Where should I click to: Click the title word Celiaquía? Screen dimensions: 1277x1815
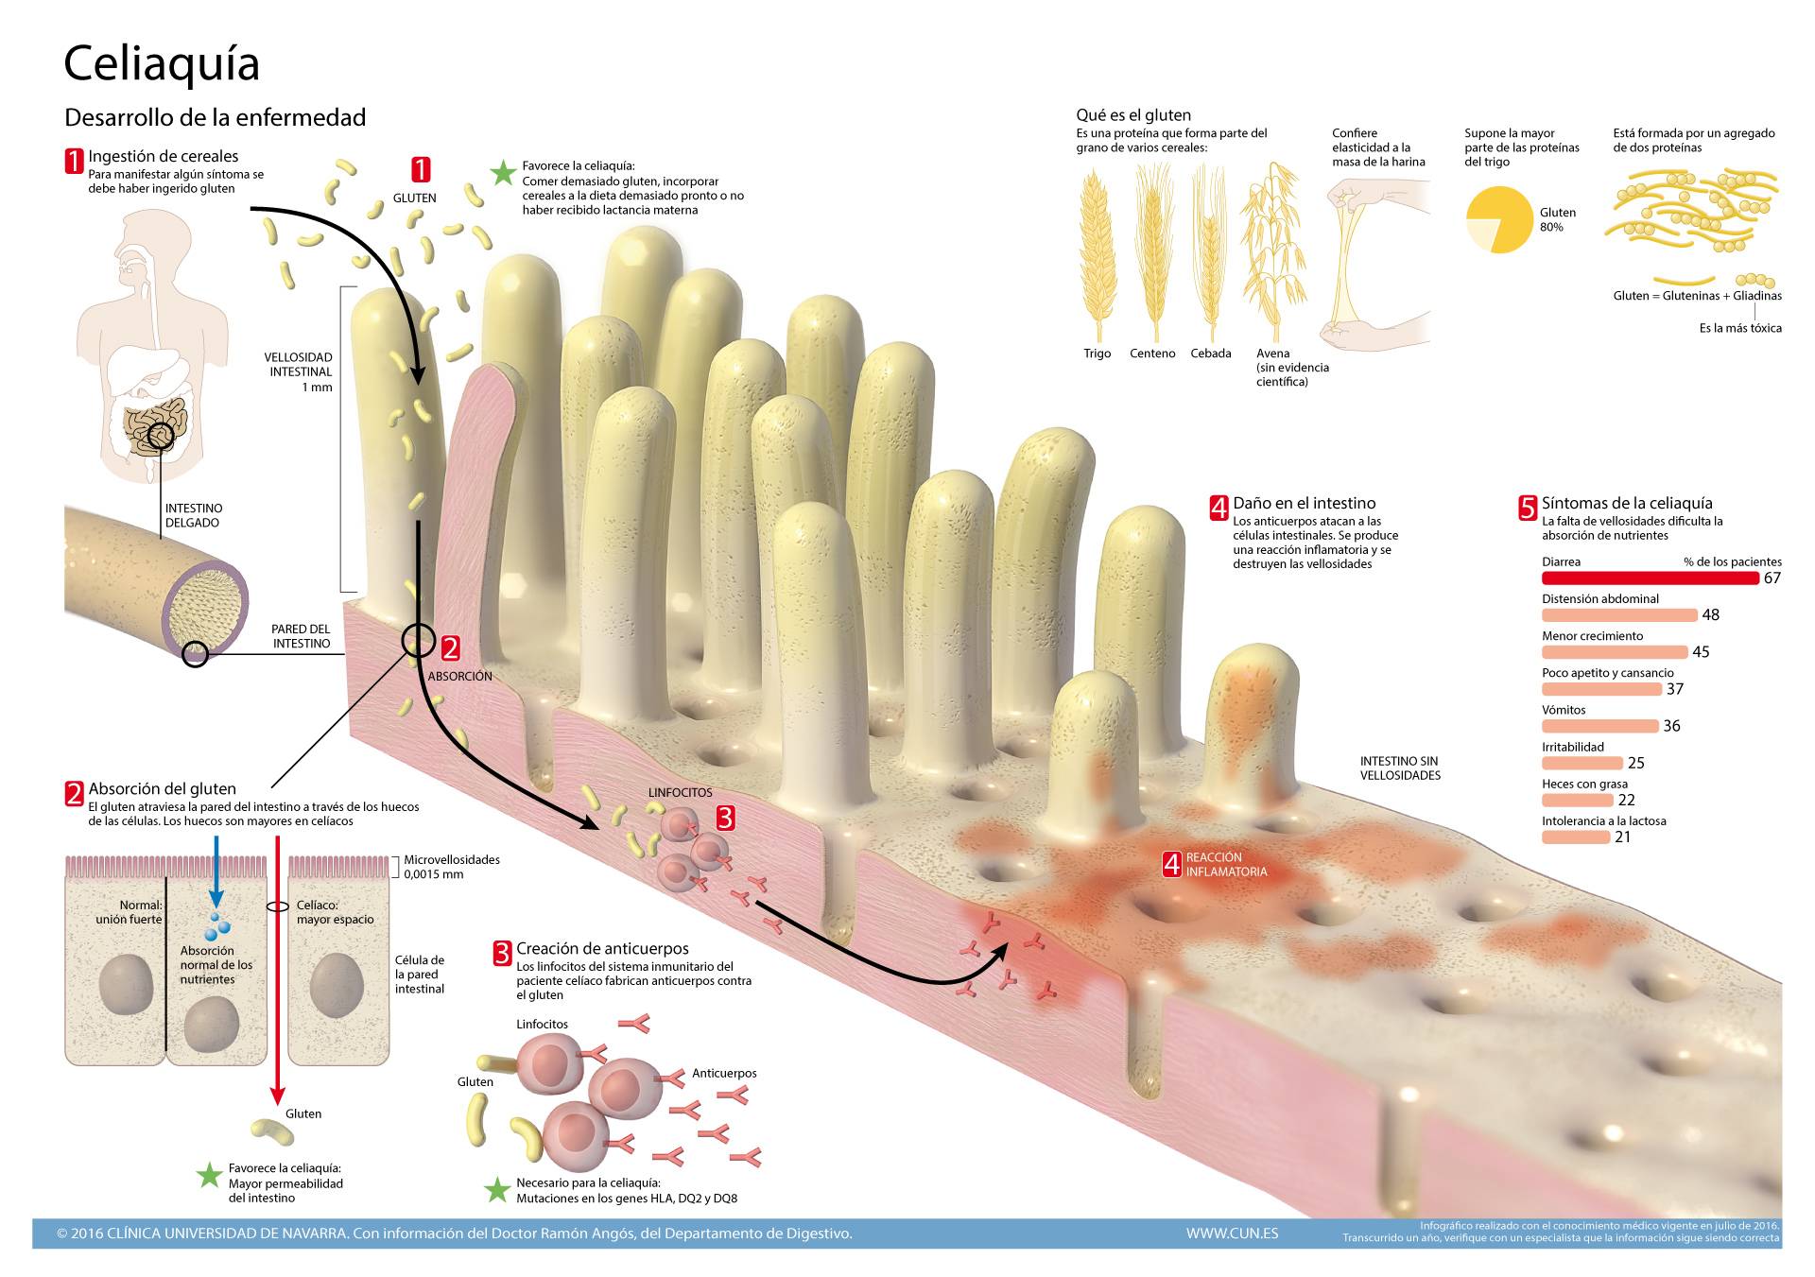pos(162,64)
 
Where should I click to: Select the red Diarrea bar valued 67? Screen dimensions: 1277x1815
pos(1650,578)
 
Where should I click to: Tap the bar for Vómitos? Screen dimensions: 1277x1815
pos(1599,726)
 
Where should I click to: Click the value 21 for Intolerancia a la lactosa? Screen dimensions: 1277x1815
pos(1622,837)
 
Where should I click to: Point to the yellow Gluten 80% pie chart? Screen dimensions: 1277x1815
pos(1498,220)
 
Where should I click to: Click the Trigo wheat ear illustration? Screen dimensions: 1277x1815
pos(1097,255)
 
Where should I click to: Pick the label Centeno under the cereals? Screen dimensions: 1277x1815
pos(1152,354)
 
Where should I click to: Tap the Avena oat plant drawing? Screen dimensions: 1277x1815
pos(1273,250)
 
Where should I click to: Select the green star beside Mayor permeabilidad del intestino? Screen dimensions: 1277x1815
pos(209,1176)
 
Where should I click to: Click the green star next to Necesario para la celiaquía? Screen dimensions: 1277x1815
pos(497,1190)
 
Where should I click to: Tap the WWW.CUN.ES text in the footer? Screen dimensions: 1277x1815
pos(1232,1234)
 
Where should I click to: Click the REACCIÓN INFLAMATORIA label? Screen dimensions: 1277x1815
pos(1226,864)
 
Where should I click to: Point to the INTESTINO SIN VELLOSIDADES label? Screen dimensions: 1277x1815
pos(1400,768)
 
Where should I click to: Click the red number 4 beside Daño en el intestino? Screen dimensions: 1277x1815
pos(1219,508)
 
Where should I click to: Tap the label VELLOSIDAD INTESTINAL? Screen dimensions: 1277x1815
pos(299,365)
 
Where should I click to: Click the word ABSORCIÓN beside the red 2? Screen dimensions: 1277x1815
pos(460,677)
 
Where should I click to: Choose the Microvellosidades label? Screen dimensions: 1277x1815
pos(452,860)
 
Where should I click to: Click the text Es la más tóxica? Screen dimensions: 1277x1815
pos(1740,328)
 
